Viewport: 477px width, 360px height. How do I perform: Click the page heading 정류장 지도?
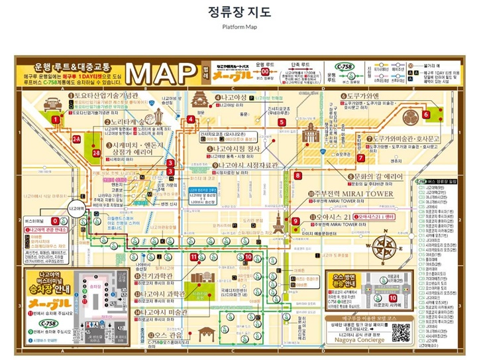pos(239,13)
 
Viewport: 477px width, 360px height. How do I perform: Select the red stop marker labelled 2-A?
pos(76,139)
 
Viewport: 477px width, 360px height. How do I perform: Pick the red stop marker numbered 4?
pos(191,119)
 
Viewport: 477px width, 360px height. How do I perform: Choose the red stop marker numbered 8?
pos(298,176)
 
